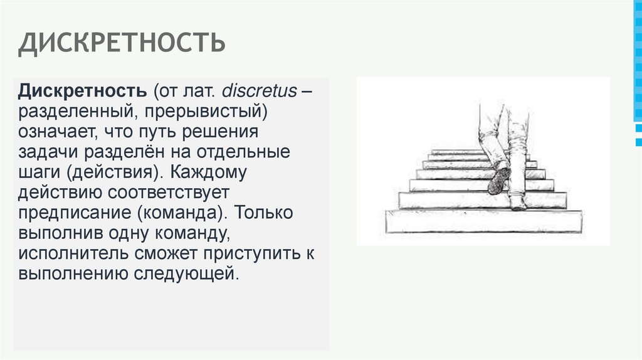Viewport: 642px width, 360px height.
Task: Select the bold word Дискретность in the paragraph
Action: coord(82,91)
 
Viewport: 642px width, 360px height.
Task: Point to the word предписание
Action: coord(73,213)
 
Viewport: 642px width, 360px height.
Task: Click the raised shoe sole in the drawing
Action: coord(499,179)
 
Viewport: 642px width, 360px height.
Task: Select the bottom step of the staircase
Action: coord(483,221)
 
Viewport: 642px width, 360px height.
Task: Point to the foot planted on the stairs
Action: coord(518,203)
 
